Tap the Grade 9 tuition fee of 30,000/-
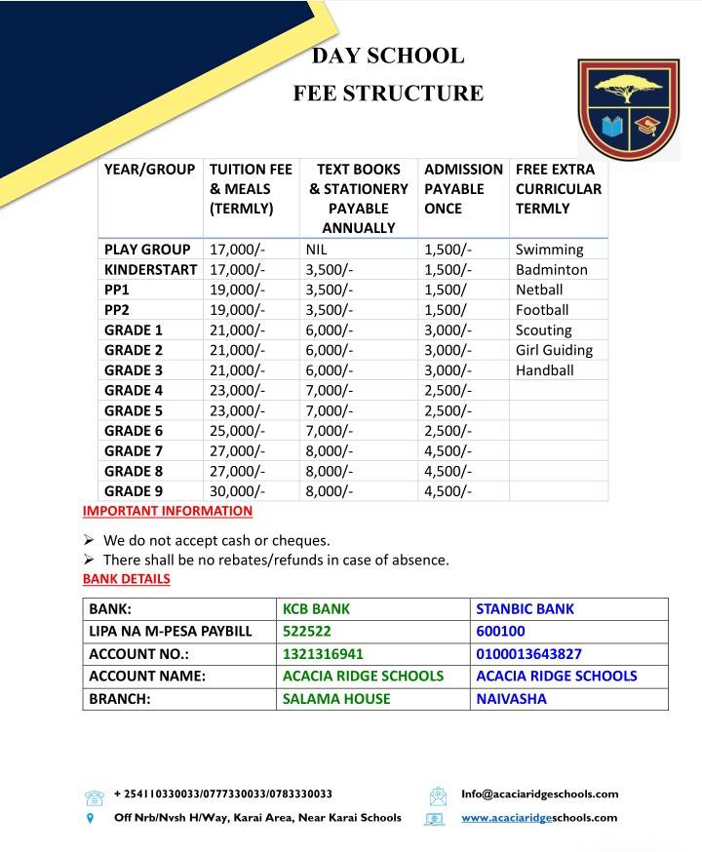point(237,491)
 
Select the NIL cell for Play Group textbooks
point(318,250)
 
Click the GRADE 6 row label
point(134,431)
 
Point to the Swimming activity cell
point(549,250)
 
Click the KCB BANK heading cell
point(316,609)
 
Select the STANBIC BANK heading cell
point(525,609)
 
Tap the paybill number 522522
point(306,632)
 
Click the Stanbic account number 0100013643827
point(528,654)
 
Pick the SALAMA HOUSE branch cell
point(336,699)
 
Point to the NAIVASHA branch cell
point(511,699)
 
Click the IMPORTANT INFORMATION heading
point(168,511)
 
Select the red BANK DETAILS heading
point(127,579)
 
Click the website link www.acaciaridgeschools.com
point(539,818)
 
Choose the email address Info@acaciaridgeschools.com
point(539,794)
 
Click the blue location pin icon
point(91,819)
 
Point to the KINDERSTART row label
point(150,270)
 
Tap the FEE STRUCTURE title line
point(388,94)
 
